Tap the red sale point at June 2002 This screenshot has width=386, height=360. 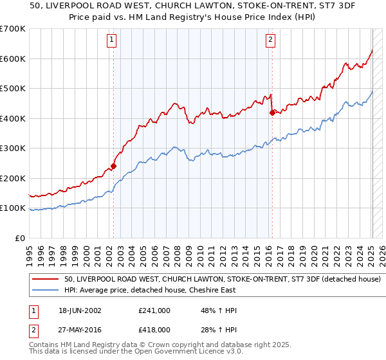pyautogui.click(x=113, y=166)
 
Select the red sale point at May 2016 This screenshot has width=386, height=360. pyautogui.click(x=272, y=113)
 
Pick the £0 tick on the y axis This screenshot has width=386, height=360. pyautogui.click(x=20, y=238)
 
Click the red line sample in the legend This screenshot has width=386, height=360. pyautogui.click(x=46, y=280)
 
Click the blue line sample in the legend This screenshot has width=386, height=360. pyautogui.click(x=46, y=290)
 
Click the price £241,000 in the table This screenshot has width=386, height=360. pyautogui.click(x=154, y=310)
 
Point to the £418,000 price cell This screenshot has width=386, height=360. pyautogui.click(x=154, y=329)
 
